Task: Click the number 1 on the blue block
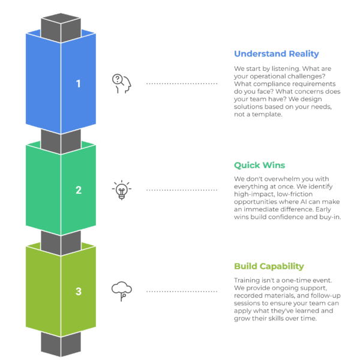click(x=79, y=83)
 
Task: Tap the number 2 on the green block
click(x=79, y=190)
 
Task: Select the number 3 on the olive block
click(x=79, y=292)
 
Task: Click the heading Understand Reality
click(x=277, y=54)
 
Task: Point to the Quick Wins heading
click(x=259, y=166)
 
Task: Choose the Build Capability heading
click(x=269, y=266)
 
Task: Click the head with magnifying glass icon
click(x=121, y=83)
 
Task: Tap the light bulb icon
click(x=122, y=190)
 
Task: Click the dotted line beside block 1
click(x=182, y=83)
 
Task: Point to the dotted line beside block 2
click(x=182, y=190)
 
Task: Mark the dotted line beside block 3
click(x=182, y=292)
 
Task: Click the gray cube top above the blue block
click(x=61, y=28)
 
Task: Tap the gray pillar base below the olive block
click(x=61, y=344)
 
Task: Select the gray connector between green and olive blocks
click(x=61, y=243)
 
